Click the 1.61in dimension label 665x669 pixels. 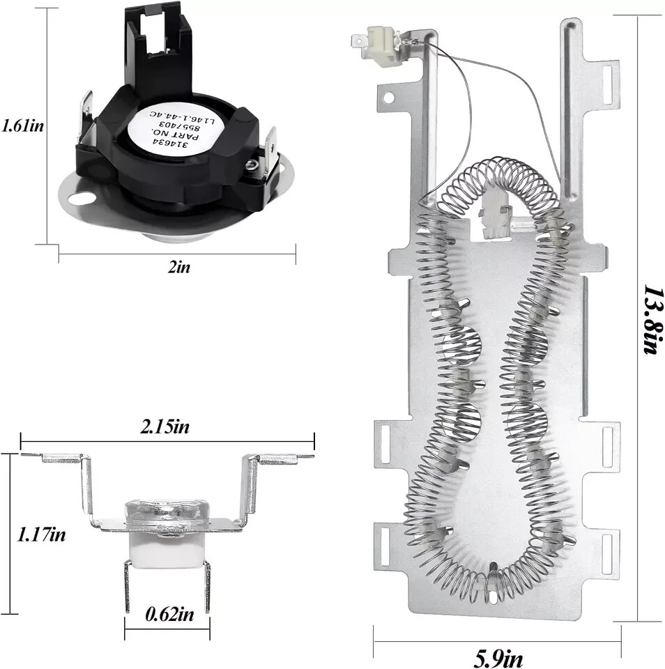point(22,126)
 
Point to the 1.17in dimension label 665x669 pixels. point(42,535)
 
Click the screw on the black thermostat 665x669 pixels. point(249,163)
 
